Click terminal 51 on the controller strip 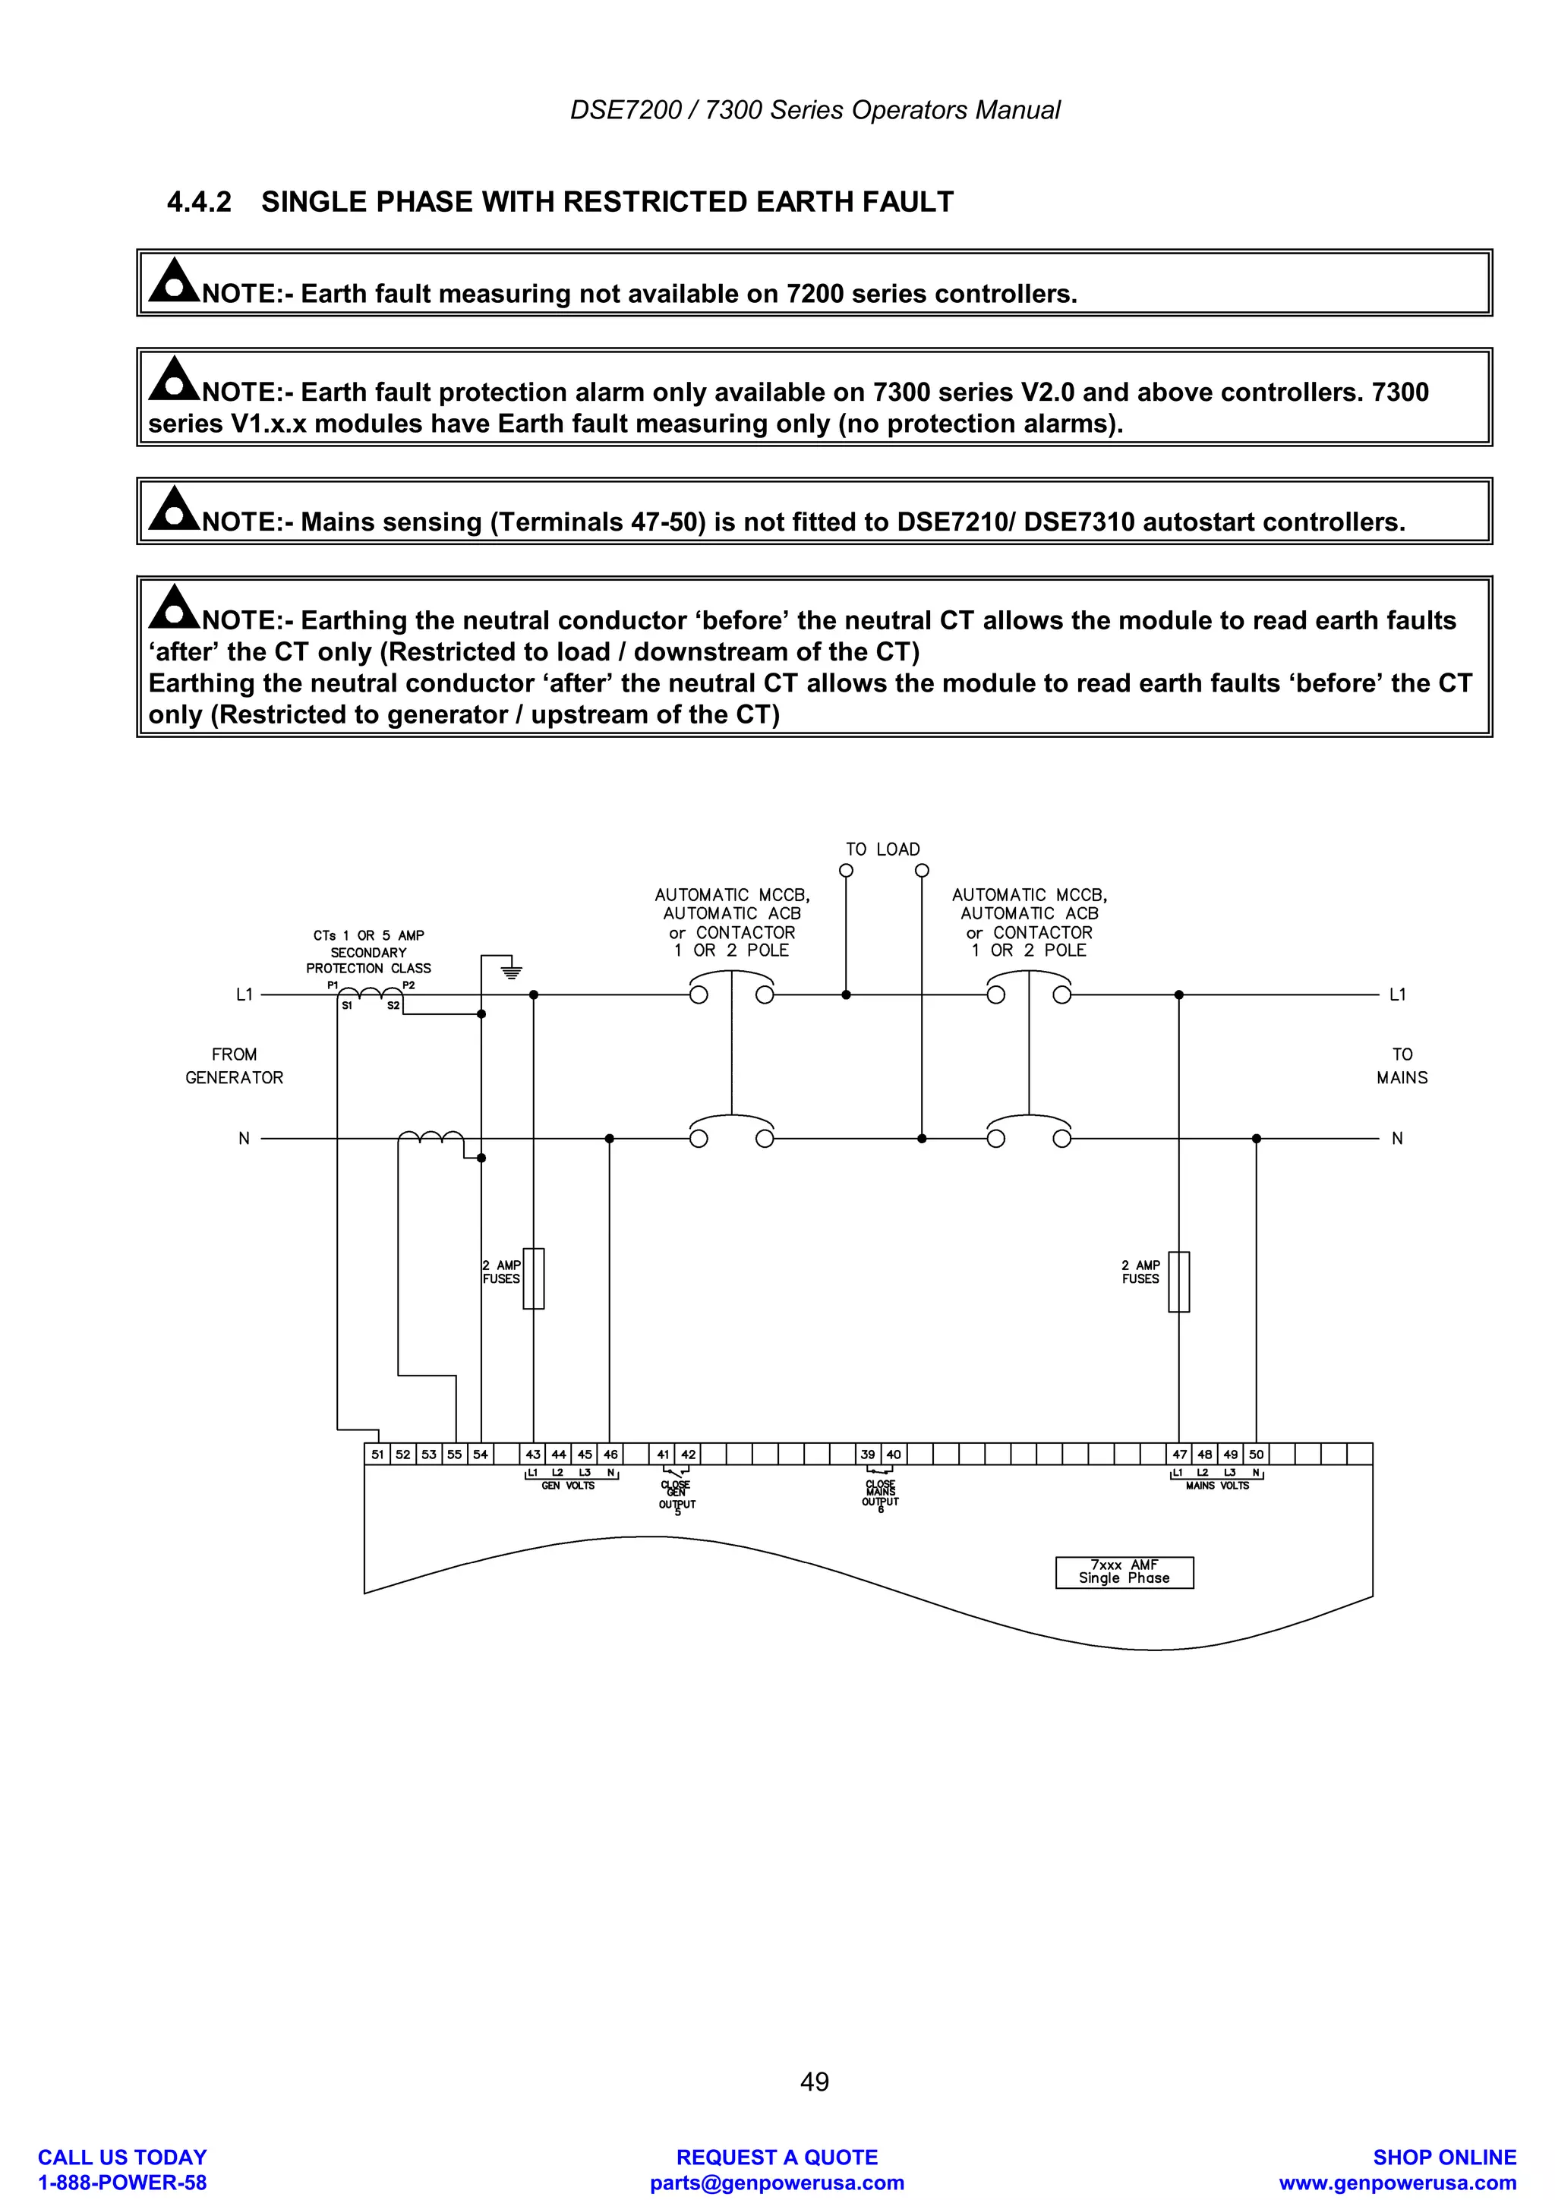pyautogui.click(x=377, y=1455)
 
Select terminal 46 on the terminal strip pyautogui.click(x=610, y=1455)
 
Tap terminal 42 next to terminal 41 pyautogui.click(x=688, y=1455)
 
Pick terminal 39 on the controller pyautogui.click(x=867, y=1455)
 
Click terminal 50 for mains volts pyautogui.click(x=1256, y=1455)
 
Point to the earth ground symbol pyautogui.click(x=512, y=972)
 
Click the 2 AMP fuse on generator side pyautogui.click(x=534, y=1278)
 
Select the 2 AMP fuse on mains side pyautogui.click(x=1179, y=1281)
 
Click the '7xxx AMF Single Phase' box pyautogui.click(x=1124, y=1572)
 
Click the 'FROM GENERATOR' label pyautogui.click(x=235, y=1066)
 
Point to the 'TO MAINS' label pyautogui.click(x=1402, y=1066)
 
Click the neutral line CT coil pyautogui.click(x=431, y=1137)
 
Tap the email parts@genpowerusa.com pyautogui.click(x=777, y=2183)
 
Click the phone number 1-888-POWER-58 pyautogui.click(x=123, y=2183)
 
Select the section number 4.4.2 pyautogui.click(x=199, y=202)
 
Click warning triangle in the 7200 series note pyautogui.click(x=173, y=280)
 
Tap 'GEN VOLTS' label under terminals pyautogui.click(x=568, y=1486)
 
